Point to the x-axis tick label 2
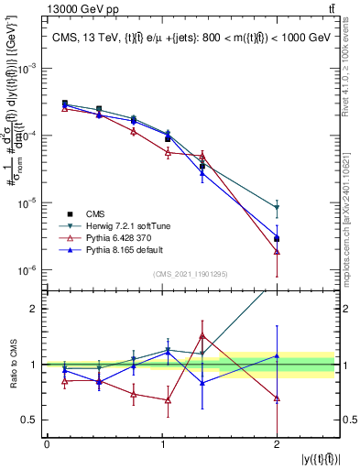click(277, 444)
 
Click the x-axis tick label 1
click(161, 444)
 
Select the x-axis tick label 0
click(47, 444)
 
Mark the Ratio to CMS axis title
click(13, 365)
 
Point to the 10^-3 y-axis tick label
click(28, 69)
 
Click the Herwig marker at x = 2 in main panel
click(277, 208)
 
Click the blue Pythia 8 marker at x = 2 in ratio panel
click(277, 355)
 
